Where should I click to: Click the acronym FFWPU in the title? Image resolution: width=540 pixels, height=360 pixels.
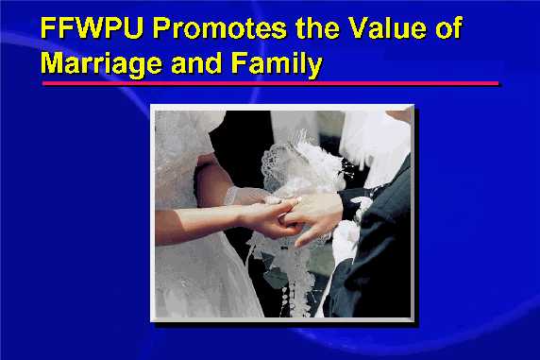tap(92, 27)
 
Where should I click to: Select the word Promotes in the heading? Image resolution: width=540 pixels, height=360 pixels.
tap(220, 27)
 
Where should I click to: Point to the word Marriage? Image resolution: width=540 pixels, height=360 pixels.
tap(101, 64)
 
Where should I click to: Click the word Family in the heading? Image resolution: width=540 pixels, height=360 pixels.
tap(277, 64)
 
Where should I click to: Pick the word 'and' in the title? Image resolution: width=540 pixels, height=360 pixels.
tap(196, 63)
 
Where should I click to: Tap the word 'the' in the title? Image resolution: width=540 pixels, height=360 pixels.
tap(317, 27)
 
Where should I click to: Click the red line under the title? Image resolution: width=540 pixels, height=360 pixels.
tap(270, 83)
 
